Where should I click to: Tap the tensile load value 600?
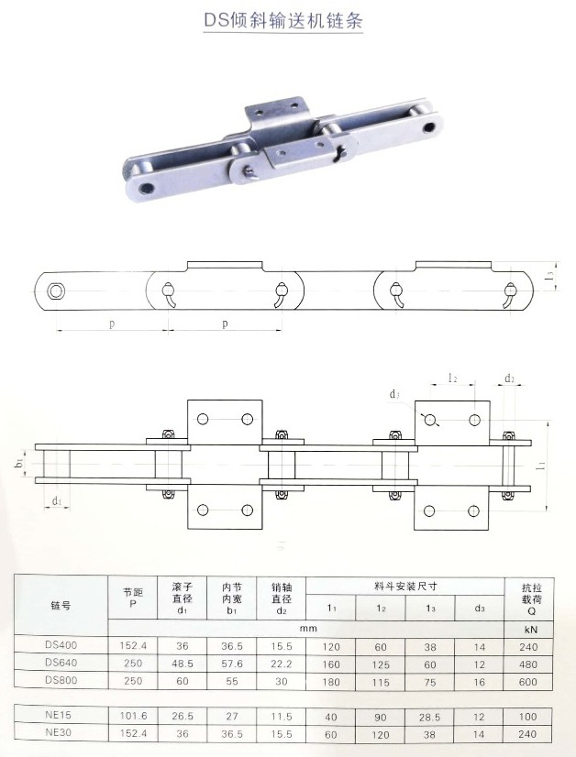528,681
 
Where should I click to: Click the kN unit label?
528,628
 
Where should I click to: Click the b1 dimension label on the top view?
19,465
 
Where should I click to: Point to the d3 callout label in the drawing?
394,395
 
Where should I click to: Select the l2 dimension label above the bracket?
453,378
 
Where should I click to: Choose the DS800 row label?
60,681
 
